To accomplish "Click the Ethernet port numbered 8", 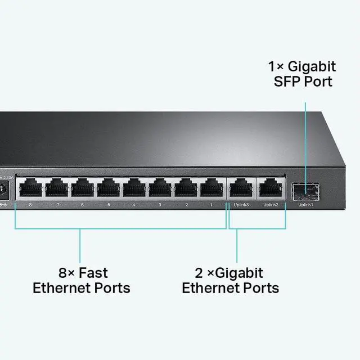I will pos(29,187).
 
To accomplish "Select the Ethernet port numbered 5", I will pos(108,187).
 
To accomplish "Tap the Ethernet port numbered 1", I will pos(212,187).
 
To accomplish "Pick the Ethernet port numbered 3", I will pos(160,187).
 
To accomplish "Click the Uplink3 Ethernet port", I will pos(240,187).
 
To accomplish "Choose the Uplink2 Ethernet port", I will pos(270,187).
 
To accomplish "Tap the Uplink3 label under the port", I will pos(241,205).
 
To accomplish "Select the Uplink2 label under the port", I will pos(271,205).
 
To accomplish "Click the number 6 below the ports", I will pos(82,205).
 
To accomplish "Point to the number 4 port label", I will pos(134,205).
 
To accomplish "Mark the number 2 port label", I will pos(186,205).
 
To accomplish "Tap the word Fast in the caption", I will pos(93,273).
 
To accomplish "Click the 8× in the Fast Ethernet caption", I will pos(66,273).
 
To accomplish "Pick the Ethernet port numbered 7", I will pos(56,187).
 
